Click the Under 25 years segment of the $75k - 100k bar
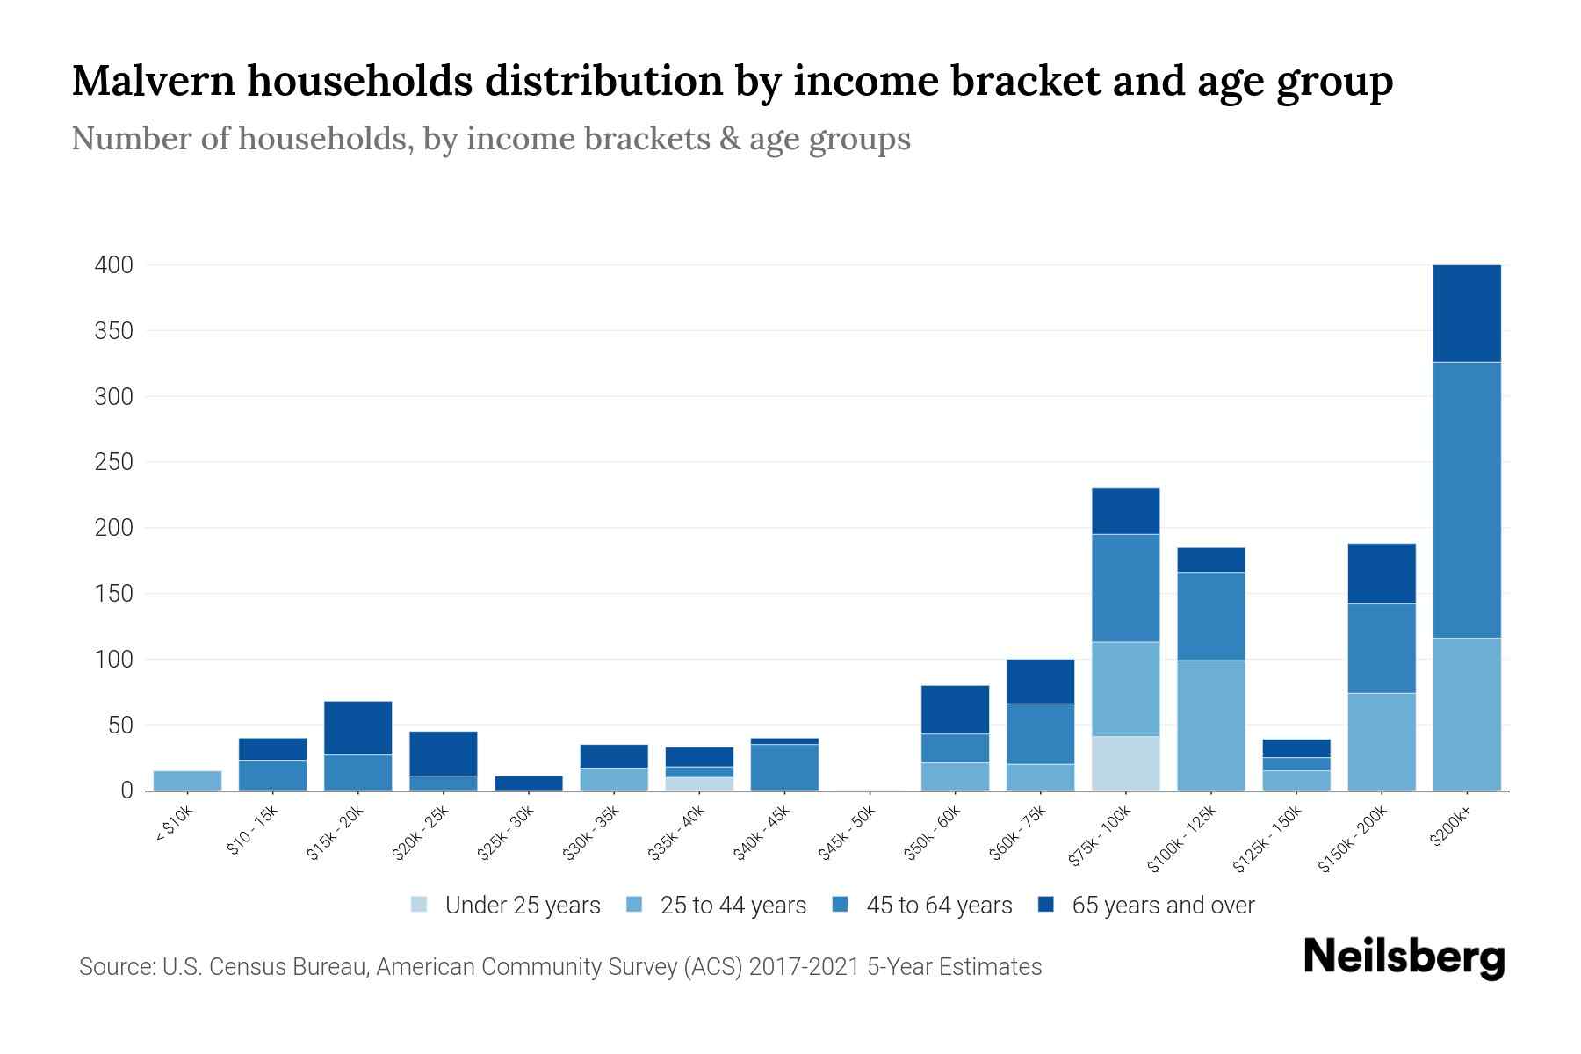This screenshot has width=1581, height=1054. pyautogui.click(x=1125, y=762)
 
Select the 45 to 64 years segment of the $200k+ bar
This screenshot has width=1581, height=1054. pyautogui.click(x=1466, y=499)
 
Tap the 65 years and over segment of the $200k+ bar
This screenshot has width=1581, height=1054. pyautogui.click(x=1466, y=313)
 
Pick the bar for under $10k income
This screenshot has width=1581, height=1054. pyautogui.click(x=187, y=780)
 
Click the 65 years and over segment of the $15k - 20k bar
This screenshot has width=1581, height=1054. pyautogui.click(x=357, y=727)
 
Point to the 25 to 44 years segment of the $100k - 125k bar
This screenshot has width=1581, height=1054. pyautogui.click(x=1210, y=725)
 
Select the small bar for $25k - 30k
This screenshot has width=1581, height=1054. pyautogui.click(x=528, y=783)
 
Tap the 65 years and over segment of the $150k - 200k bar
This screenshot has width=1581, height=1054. pyautogui.click(x=1381, y=573)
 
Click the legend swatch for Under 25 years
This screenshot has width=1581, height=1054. pyautogui.click(x=419, y=904)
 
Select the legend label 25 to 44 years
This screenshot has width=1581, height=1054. pyautogui.click(x=733, y=905)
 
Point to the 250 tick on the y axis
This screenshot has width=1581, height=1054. pyautogui.click(x=113, y=462)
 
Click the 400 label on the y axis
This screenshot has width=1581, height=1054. pyautogui.click(x=113, y=265)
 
